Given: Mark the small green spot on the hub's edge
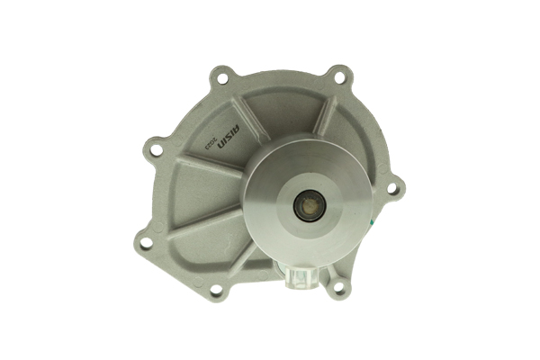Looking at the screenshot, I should click(x=369, y=219).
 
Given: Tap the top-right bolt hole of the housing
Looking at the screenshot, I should click(x=338, y=77).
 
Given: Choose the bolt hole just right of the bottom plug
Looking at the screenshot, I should click(x=338, y=288).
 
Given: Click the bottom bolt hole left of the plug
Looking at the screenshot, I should click(x=216, y=290).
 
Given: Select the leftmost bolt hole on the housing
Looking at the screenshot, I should click(x=144, y=241).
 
